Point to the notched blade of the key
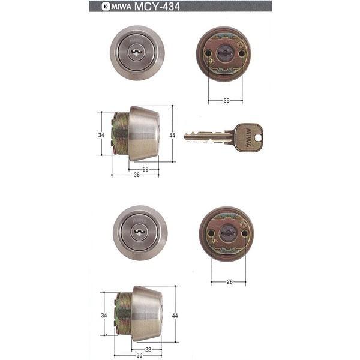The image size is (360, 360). point(207,137)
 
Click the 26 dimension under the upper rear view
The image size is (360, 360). point(226,101)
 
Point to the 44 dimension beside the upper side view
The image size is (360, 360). point(172,136)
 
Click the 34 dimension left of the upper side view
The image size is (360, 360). point(101,136)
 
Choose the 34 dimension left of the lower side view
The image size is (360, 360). point(104,316)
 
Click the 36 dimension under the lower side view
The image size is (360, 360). point(139,355)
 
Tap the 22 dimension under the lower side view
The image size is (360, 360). point(148,349)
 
